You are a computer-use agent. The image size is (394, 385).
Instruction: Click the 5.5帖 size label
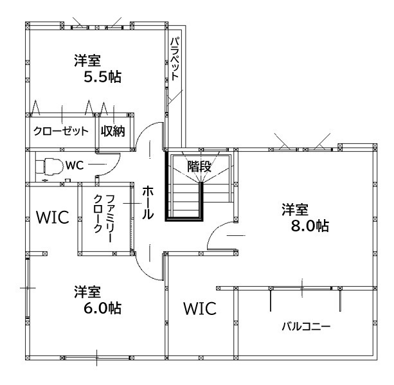(103, 78)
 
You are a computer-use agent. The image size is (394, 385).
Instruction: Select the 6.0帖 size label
(102, 307)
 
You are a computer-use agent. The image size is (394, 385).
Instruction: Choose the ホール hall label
(147, 202)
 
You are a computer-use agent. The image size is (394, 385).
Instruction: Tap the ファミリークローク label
(103, 215)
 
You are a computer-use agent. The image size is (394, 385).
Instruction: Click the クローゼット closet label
(60, 131)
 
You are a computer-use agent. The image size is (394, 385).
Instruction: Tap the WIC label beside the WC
(51, 217)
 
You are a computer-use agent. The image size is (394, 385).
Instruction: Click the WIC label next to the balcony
(199, 309)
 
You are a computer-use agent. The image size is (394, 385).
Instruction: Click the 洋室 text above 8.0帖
(295, 210)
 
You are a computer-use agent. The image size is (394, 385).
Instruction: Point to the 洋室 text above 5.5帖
(87, 61)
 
